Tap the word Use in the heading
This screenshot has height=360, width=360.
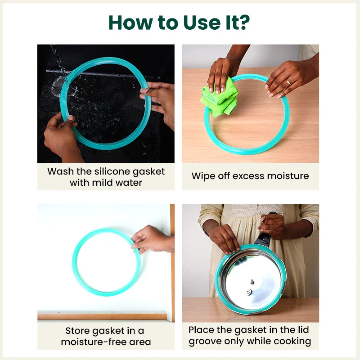tap(202, 22)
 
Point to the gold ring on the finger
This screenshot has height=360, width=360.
tap(288, 82)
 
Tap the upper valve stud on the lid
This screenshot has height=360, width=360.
tap(252, 282)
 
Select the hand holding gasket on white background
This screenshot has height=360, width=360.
tap(153, 239)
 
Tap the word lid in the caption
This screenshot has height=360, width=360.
tap(303, 330)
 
